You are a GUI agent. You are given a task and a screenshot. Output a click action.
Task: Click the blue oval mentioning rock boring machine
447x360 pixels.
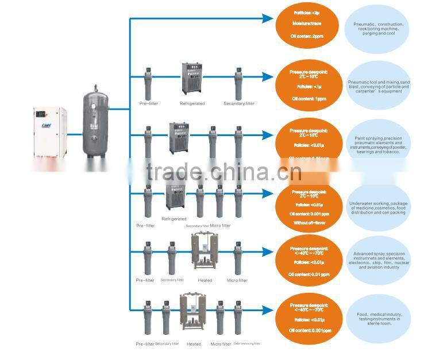pyautogui.click(x=378, y=25)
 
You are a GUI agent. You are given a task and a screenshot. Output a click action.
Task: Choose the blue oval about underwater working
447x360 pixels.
pyautogui.click(x=378, y=208)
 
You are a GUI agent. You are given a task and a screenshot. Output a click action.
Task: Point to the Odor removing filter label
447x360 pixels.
pyautogui.click(x=248, y=343)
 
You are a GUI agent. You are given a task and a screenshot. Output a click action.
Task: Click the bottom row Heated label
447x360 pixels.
pyautogui.click(x=194, y=344)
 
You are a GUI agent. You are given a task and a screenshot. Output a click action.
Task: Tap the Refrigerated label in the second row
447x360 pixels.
pyautogui.click(x=192, y=103)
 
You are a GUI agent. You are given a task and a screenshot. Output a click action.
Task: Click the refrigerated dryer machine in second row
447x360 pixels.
pyautogui.click(x=192, y=79)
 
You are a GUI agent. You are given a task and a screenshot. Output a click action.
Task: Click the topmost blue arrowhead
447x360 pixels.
pyautogui.click(x=268, y=19)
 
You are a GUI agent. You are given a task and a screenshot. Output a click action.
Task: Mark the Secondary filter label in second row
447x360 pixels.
pyautogui.click(x=238, y=103)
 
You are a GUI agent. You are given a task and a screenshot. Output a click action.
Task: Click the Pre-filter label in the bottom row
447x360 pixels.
pyautogui.click(x=145, y=344)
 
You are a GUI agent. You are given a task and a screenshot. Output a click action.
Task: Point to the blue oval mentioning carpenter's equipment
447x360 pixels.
pyautogui.click(x=378, y=86)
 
